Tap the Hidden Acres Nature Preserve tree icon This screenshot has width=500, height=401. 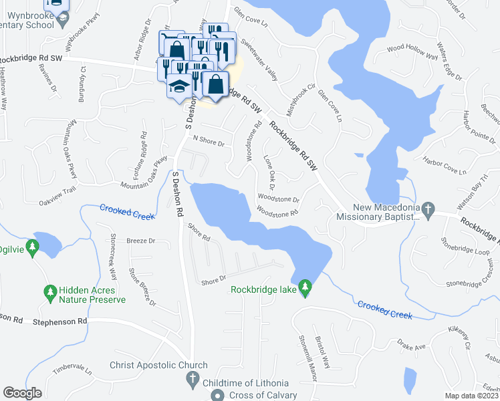pos(49,292)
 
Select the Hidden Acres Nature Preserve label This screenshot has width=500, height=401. pos(92,295)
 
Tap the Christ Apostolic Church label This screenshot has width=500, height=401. pos(158,366)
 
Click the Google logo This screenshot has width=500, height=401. pos(22,393)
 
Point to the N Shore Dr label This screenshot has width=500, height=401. pos(208,140)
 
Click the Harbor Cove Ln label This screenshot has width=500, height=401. pos(444,166)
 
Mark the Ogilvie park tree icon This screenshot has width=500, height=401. pos(31,248)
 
